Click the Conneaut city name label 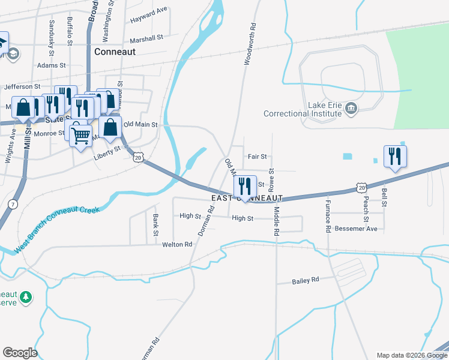pyautogui.click(x=115, y=52)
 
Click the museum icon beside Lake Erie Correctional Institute pyautogui.click(x=352, y=109)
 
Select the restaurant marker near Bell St pyautogui.click(x=396, y=157)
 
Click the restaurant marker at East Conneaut pyautogui.click(x=245, y=187)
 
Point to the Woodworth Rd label pyautogui.click(x=250, y=44)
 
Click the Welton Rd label pyautogui.click(x=177, y=245)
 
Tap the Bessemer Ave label pyautogui.click(x=357, y=229)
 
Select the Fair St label pyautogui.click(x=257, y=157)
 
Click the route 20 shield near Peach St pyautogui.click(x=361, y=187)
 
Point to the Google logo pyautogui.click(x=20, y=353)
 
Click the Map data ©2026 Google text pyautogui.click(x=412, y=355)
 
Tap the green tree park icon pyautogui.click(x=26, y=296)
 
